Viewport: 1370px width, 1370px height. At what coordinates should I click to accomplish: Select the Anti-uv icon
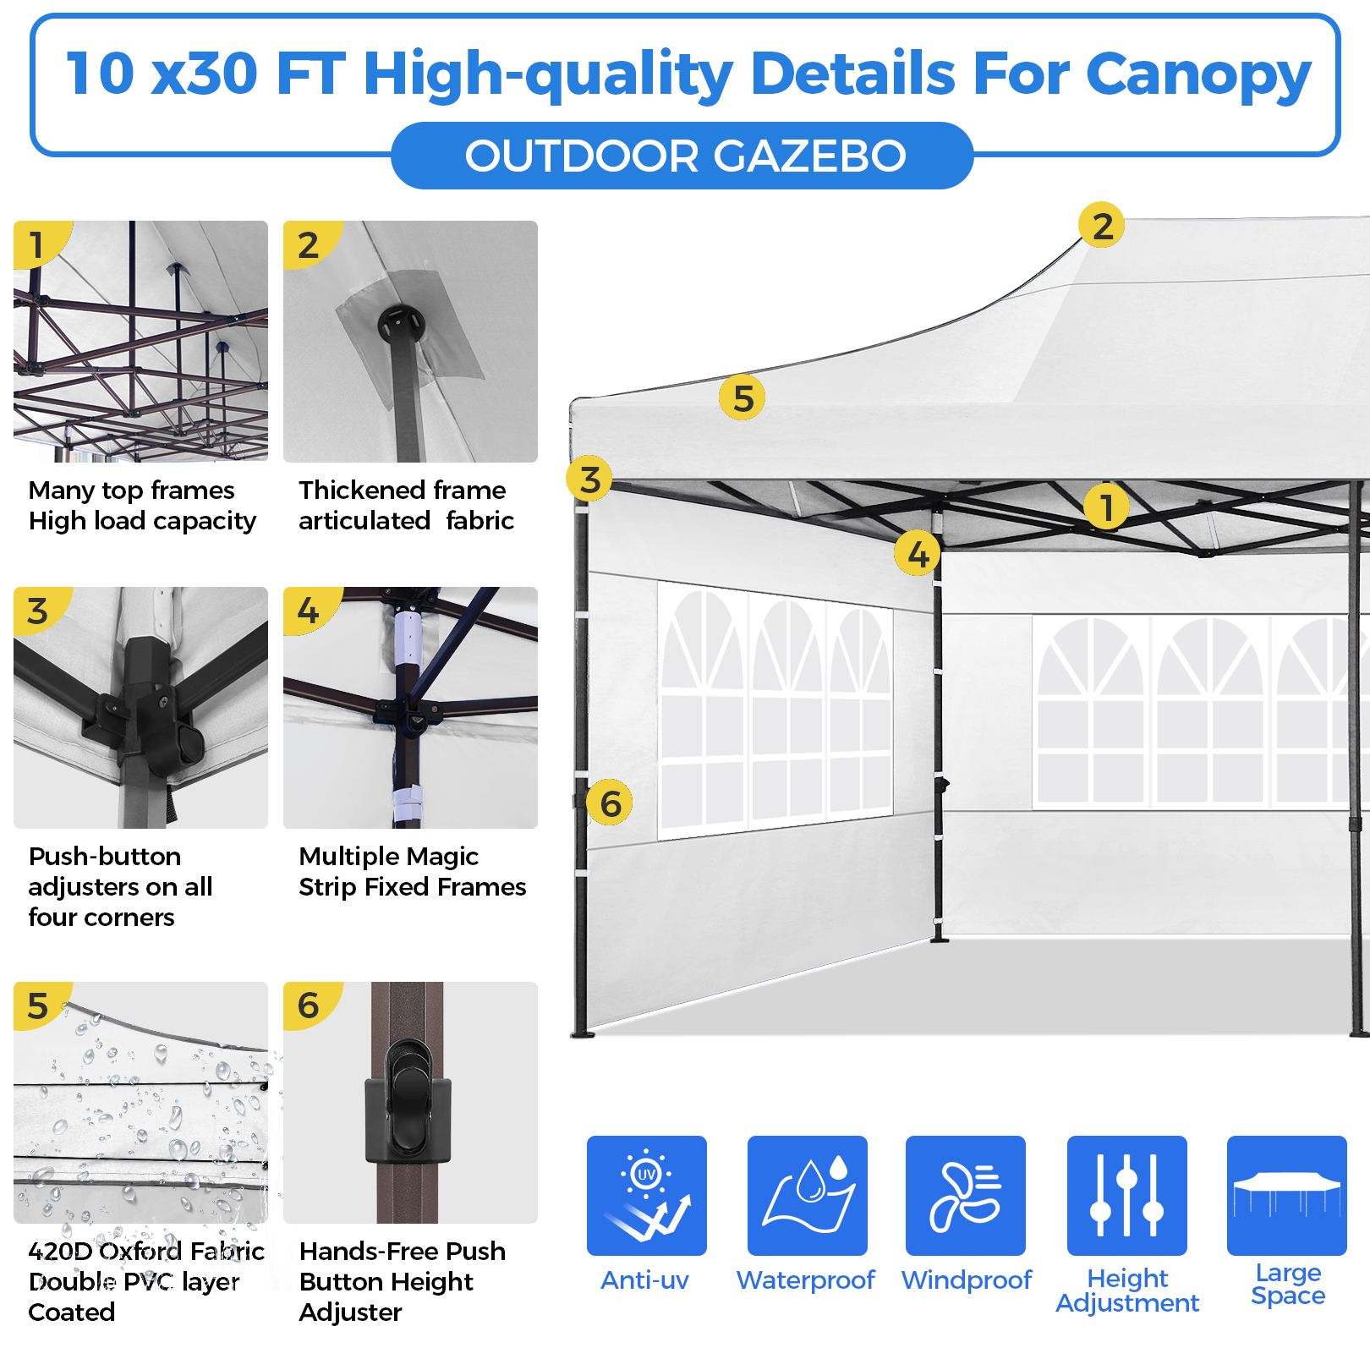pyautogui.click(x=646, y=1194)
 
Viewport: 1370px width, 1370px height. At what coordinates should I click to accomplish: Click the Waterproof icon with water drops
pyautogui.click(x=807, y=1194)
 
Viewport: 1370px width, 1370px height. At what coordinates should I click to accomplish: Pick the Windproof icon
pyautogui.click(x=965, y=1194)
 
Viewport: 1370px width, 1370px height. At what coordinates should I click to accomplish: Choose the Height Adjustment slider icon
pyautogui.click(x=1126, y=1194)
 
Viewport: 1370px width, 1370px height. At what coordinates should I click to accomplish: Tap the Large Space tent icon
pyautogui.click(x=1286, y=1194)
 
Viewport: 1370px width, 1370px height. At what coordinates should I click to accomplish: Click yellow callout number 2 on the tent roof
pyautogui.click(x=1101, y=225)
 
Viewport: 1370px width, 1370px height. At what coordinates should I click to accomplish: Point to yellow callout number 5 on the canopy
pyautogui.click(x=742, y=397)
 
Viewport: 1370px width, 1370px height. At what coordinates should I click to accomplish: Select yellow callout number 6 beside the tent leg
pyautogui.click(x=610, y=803)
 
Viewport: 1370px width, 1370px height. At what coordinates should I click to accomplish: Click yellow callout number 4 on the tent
pyautogui.click(x=918, y=553)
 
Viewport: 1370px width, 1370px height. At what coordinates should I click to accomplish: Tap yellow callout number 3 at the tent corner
pyautogui.click(x=589, y=479)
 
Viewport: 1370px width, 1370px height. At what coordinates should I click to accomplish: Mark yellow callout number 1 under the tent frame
pyautogui.click(x=1106, y=507)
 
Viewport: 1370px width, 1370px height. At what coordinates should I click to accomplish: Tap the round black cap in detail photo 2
pyautogui.click(x=401, y=323)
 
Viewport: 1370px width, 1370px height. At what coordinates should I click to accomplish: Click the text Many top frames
pyautogui.click(x=131, y=490)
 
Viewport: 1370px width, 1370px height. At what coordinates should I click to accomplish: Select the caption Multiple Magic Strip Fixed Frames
pyautogui.click(x=412, y=872)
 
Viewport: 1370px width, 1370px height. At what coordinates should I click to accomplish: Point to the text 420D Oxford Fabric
pyautogui.click(x=145, y=1251)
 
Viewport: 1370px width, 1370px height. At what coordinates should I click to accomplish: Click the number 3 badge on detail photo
pyautogui.click(x=37, y=611)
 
